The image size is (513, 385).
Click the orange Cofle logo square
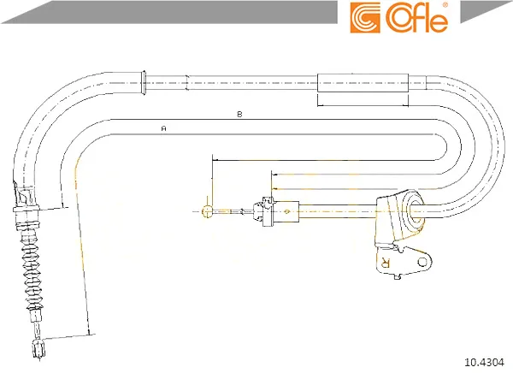(x=365, y=18)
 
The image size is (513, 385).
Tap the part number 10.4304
(x=484, y=363)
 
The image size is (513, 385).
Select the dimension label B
(x=239, y=115)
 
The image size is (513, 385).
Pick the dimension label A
(x=164, y=128)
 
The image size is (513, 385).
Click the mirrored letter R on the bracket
(x=386, y=262)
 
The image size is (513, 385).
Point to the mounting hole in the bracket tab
(x=422, y=262)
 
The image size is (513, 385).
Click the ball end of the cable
(x=208, y=211)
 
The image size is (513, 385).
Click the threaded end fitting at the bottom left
(x=38, y=348)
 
